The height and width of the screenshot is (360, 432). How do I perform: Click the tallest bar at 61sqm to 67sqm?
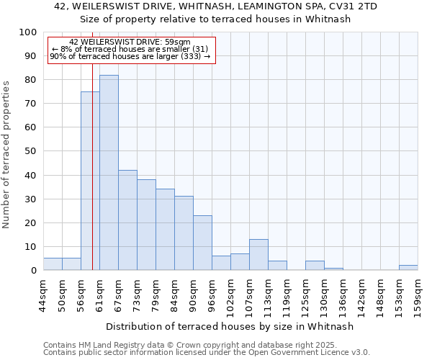[109, 173]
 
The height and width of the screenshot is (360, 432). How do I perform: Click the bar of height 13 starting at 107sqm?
[258, 255]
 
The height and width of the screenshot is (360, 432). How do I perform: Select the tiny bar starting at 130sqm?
[333, 269]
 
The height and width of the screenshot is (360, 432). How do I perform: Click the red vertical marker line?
[93, 180]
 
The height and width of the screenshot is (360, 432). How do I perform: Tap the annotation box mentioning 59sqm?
[131, 50]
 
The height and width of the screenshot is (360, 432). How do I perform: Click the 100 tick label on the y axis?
[27, 32]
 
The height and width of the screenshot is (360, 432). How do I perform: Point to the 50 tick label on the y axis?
[30, 151]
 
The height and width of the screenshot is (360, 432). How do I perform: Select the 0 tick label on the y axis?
[33, 271]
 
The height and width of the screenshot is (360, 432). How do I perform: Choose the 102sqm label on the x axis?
[230, 295]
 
